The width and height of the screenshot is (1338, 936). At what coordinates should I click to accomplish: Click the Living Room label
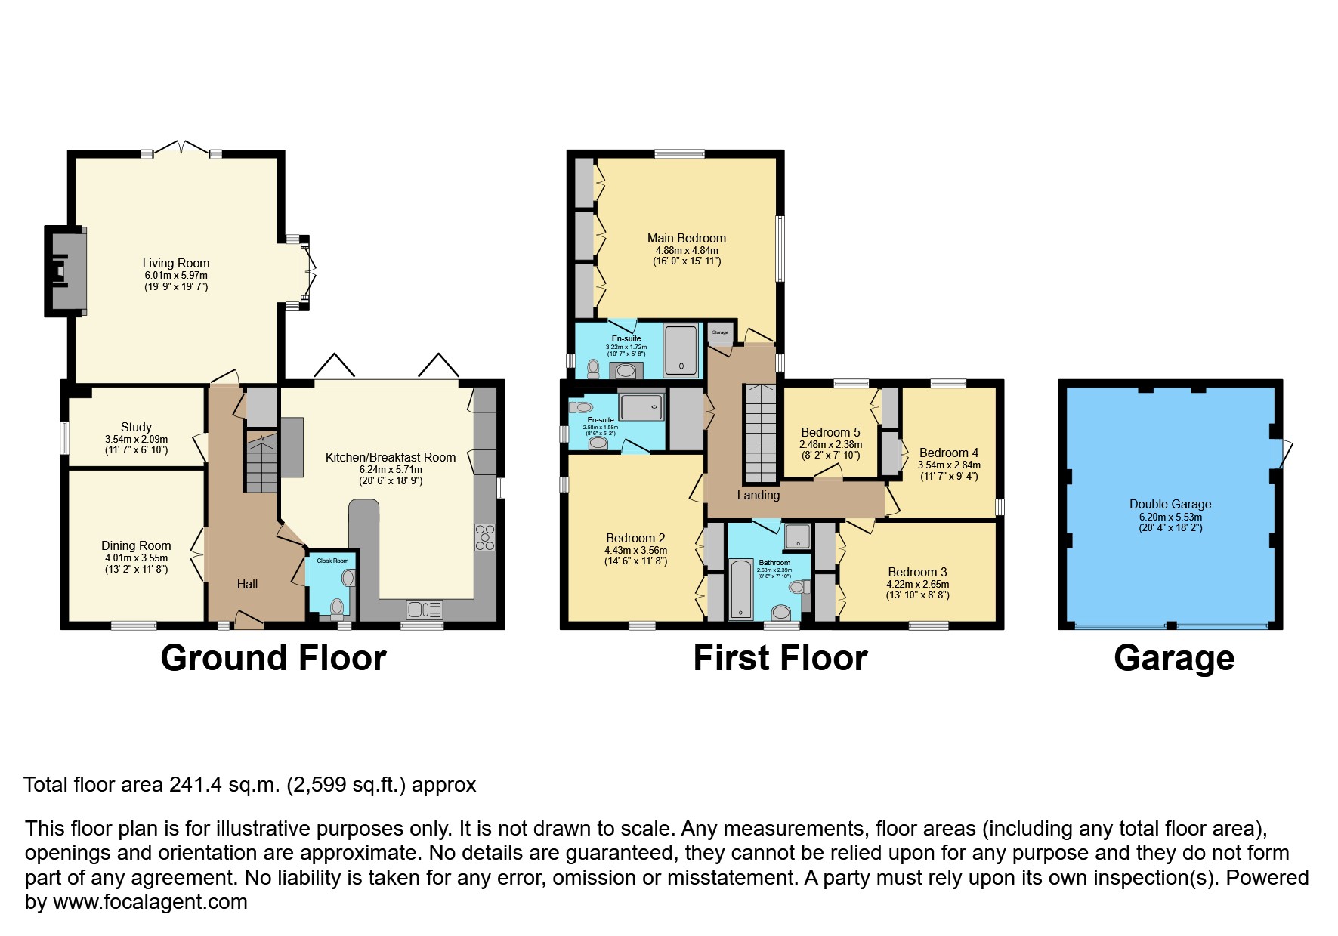tap(175, 263)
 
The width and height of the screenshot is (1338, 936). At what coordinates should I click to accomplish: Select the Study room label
tap(136, 427)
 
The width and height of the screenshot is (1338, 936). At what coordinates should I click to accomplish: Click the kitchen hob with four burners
tap(485, 537)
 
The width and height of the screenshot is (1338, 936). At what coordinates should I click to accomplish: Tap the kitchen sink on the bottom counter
tap(424, 609)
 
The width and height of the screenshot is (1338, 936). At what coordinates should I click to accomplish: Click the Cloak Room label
tap(332, 561)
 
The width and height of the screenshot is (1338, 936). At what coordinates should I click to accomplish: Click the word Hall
tap(247, 584)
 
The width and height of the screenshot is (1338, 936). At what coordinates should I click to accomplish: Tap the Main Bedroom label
tap(686, 238)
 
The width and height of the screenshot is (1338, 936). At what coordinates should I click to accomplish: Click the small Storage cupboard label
tap(720, 332)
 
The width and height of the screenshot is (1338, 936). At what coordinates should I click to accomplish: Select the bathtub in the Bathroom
tap(740, 589)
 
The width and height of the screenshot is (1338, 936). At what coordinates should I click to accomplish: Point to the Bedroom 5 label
tap(830, 433)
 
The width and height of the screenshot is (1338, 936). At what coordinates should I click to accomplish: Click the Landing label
tap(758, 495)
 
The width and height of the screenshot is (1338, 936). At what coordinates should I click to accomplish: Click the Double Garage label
tap(1170, 504)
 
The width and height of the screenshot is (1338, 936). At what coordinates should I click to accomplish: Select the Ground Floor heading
tap(273, 658)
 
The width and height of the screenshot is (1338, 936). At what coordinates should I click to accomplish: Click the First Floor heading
tap(780, 658)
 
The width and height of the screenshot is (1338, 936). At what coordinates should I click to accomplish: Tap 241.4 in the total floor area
tap(195, 785)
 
